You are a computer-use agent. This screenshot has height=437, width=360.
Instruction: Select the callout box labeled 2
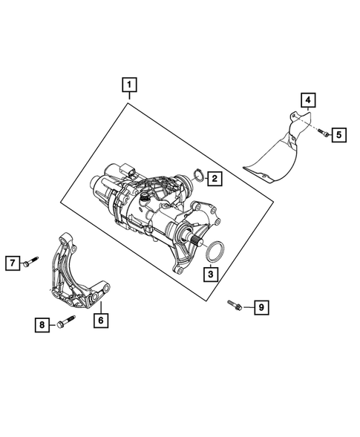(x=212, y=178)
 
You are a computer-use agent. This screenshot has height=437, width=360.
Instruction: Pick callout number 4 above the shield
(x=307, y=100)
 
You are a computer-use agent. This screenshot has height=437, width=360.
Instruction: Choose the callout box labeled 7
(x=13, y=262)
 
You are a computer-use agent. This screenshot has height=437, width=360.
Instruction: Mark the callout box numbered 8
(x=42, y=323)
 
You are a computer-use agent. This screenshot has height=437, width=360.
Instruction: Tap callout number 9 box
(x=260, y=306)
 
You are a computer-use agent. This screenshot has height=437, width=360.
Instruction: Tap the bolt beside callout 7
(x=31, y=262)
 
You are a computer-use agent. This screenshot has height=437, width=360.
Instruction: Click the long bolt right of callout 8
(x=62, y=323)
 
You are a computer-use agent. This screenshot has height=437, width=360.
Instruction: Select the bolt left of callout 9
(x=235, y=303)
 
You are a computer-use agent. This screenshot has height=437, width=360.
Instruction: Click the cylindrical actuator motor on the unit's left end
(x=102, y=185)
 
